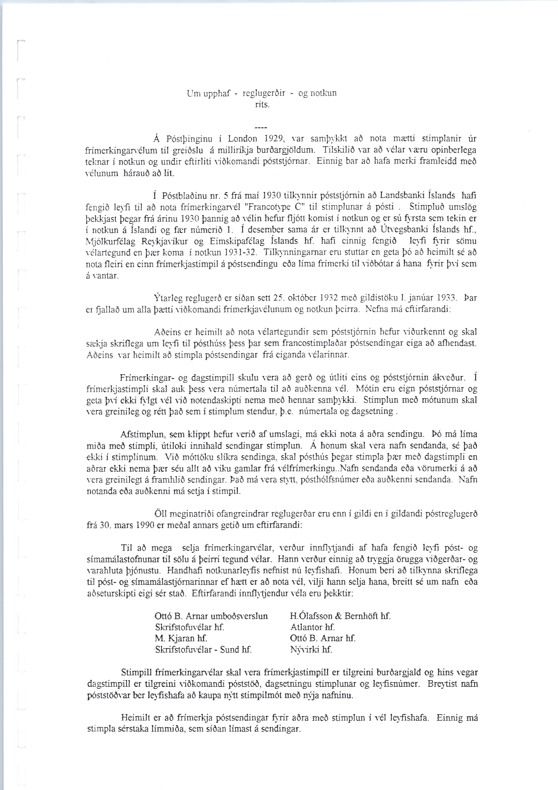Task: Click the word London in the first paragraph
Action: tap(243, 139)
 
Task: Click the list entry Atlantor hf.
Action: tap(313, 627)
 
